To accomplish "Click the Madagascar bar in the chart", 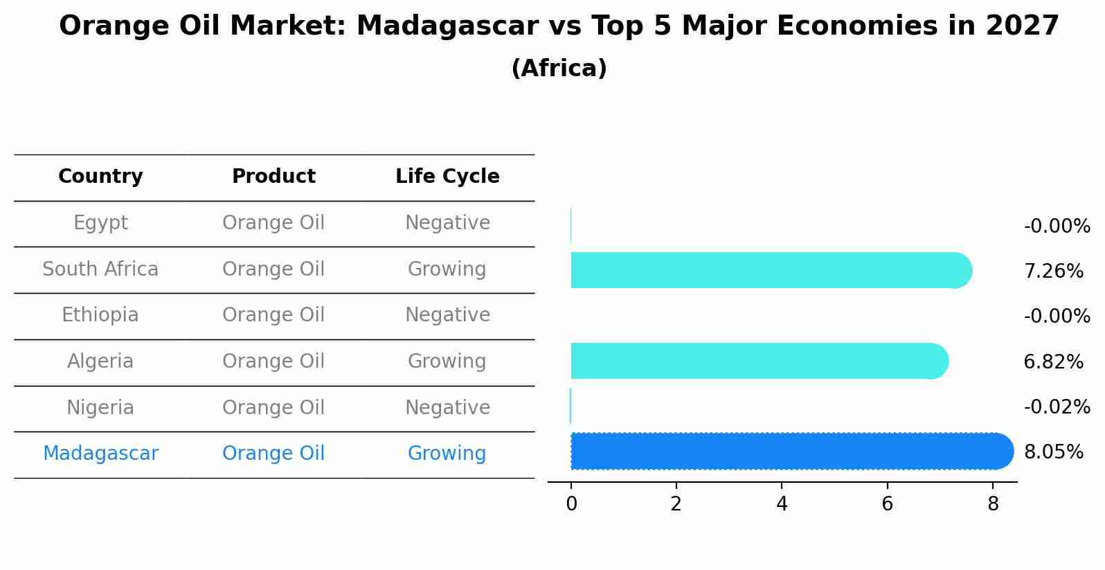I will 789,452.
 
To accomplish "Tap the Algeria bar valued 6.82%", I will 758,361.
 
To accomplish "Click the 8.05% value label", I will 1053,452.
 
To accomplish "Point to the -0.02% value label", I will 1057,407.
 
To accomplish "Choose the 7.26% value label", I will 1053,271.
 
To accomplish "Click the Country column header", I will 100,177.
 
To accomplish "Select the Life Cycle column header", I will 447,177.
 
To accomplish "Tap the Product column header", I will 273,177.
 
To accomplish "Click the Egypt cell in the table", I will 100,223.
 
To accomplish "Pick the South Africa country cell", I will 100,269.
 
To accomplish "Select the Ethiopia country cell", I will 100,315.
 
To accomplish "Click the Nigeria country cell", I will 100,408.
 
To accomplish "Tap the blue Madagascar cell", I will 100,454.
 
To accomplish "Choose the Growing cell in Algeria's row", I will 447,362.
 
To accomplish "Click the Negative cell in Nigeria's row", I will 447,408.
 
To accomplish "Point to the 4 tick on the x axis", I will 782,504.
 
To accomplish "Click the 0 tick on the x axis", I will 571,504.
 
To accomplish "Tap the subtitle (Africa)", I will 559,69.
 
